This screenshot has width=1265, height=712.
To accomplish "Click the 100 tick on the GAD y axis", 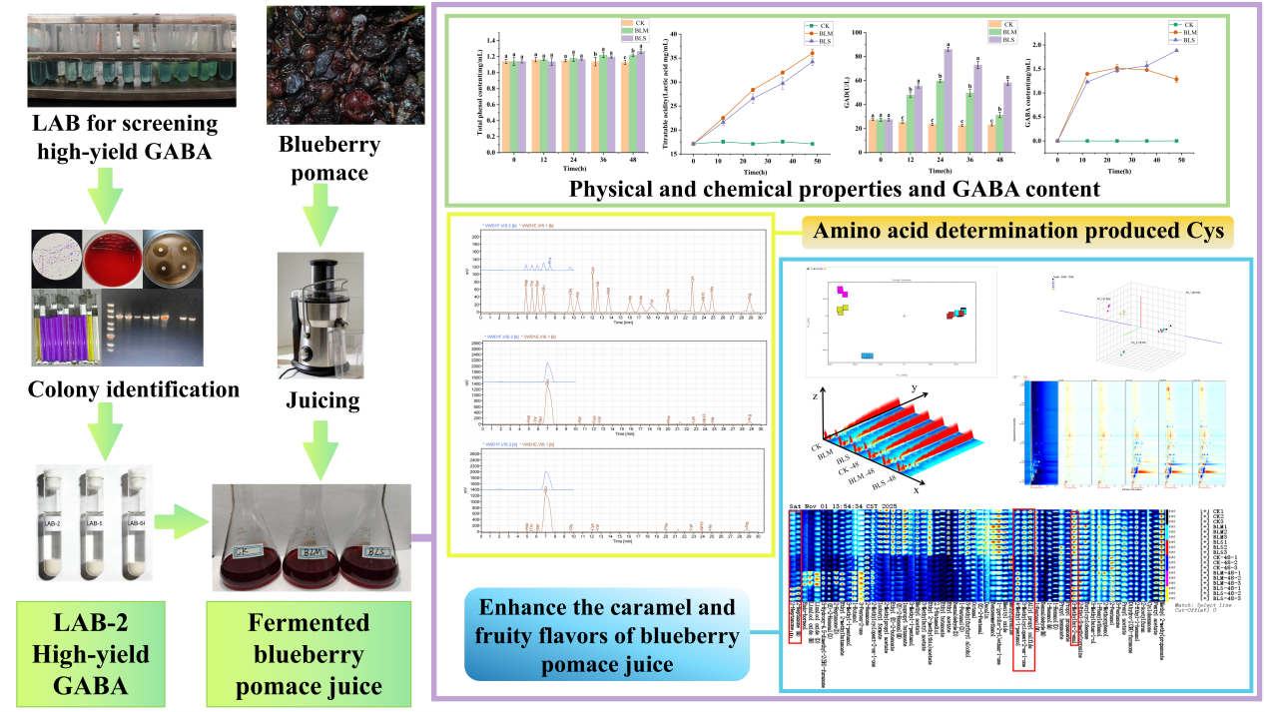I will coord(867,34).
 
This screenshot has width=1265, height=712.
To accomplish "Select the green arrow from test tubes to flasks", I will coord(181,522).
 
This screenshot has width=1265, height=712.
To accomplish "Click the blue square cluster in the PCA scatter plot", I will coord(868,356).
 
